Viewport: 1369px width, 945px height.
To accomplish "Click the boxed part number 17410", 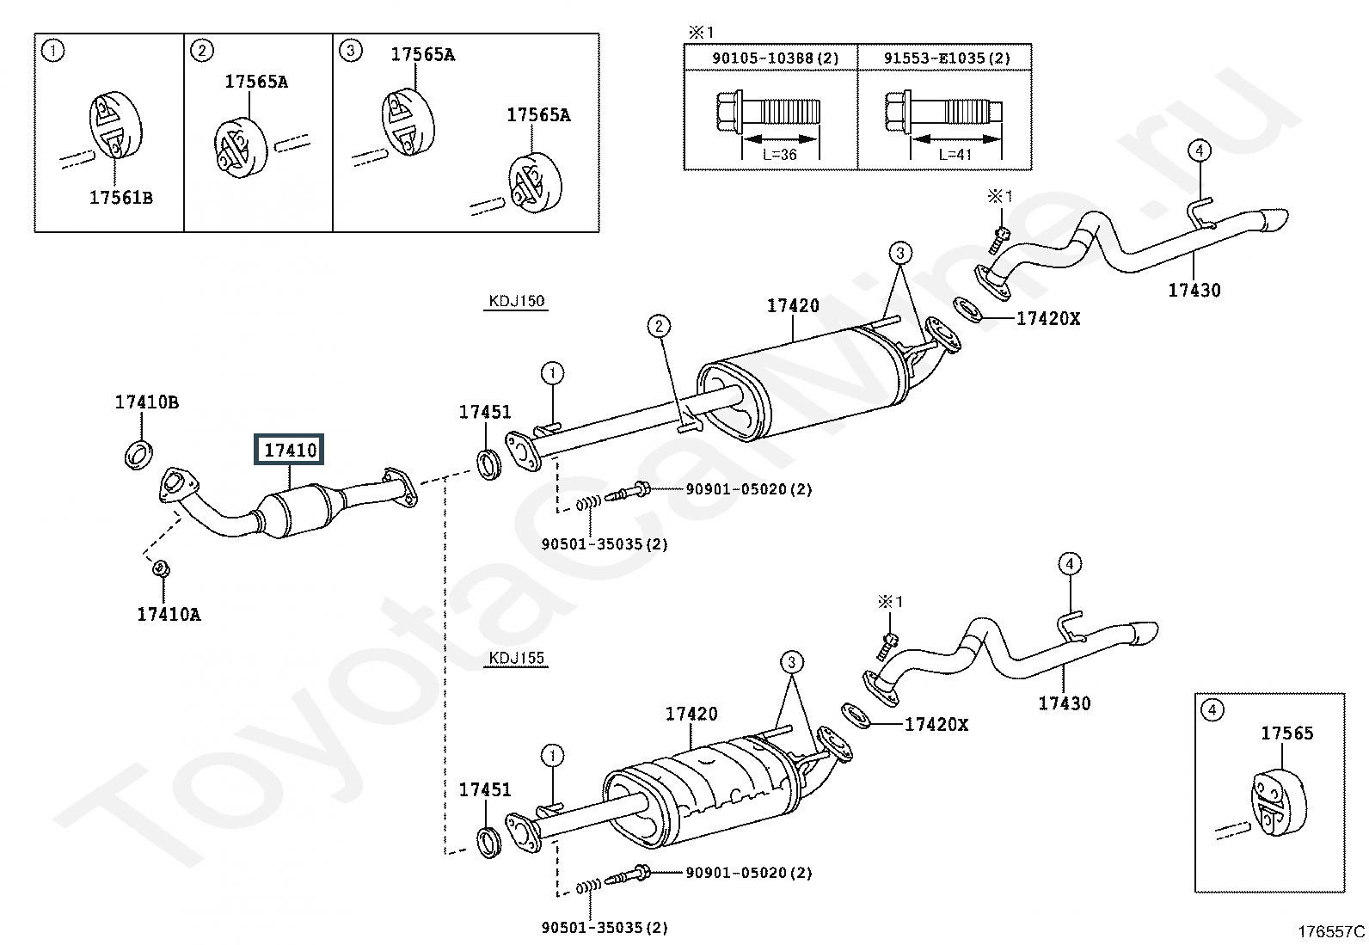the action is coord(290,450).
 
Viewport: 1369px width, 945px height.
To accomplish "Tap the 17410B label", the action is coord(147,402).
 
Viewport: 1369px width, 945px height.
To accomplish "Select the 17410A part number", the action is coord(169,614).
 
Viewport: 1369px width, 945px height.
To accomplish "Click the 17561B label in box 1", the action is coord(121,198).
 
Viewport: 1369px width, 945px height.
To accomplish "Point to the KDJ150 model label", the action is coord(517,301).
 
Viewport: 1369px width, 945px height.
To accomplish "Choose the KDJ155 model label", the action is coord(517,658).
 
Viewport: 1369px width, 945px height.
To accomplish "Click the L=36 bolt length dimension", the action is coord(780,155).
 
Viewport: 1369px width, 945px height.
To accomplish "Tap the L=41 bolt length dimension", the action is coord(955,155).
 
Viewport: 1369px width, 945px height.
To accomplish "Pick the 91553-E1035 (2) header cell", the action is coord(945,58).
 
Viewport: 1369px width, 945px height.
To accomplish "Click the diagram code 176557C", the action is coord(1331,931).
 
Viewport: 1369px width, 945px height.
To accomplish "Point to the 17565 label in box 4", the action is coord(1287,733).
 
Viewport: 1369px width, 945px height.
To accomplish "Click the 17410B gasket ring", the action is coord(138,454).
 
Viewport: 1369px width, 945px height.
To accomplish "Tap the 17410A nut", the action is coord(161,568).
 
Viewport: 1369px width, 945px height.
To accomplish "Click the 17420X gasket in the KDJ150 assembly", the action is coord(967,310).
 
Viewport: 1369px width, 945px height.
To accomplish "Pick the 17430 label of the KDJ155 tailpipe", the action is coord(1065,703).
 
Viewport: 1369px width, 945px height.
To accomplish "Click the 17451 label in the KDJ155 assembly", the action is coord(485,789).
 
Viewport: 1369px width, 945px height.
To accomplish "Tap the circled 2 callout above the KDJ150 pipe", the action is coord(659,326).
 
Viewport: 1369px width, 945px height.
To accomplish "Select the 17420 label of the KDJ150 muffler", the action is coord(794,305).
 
